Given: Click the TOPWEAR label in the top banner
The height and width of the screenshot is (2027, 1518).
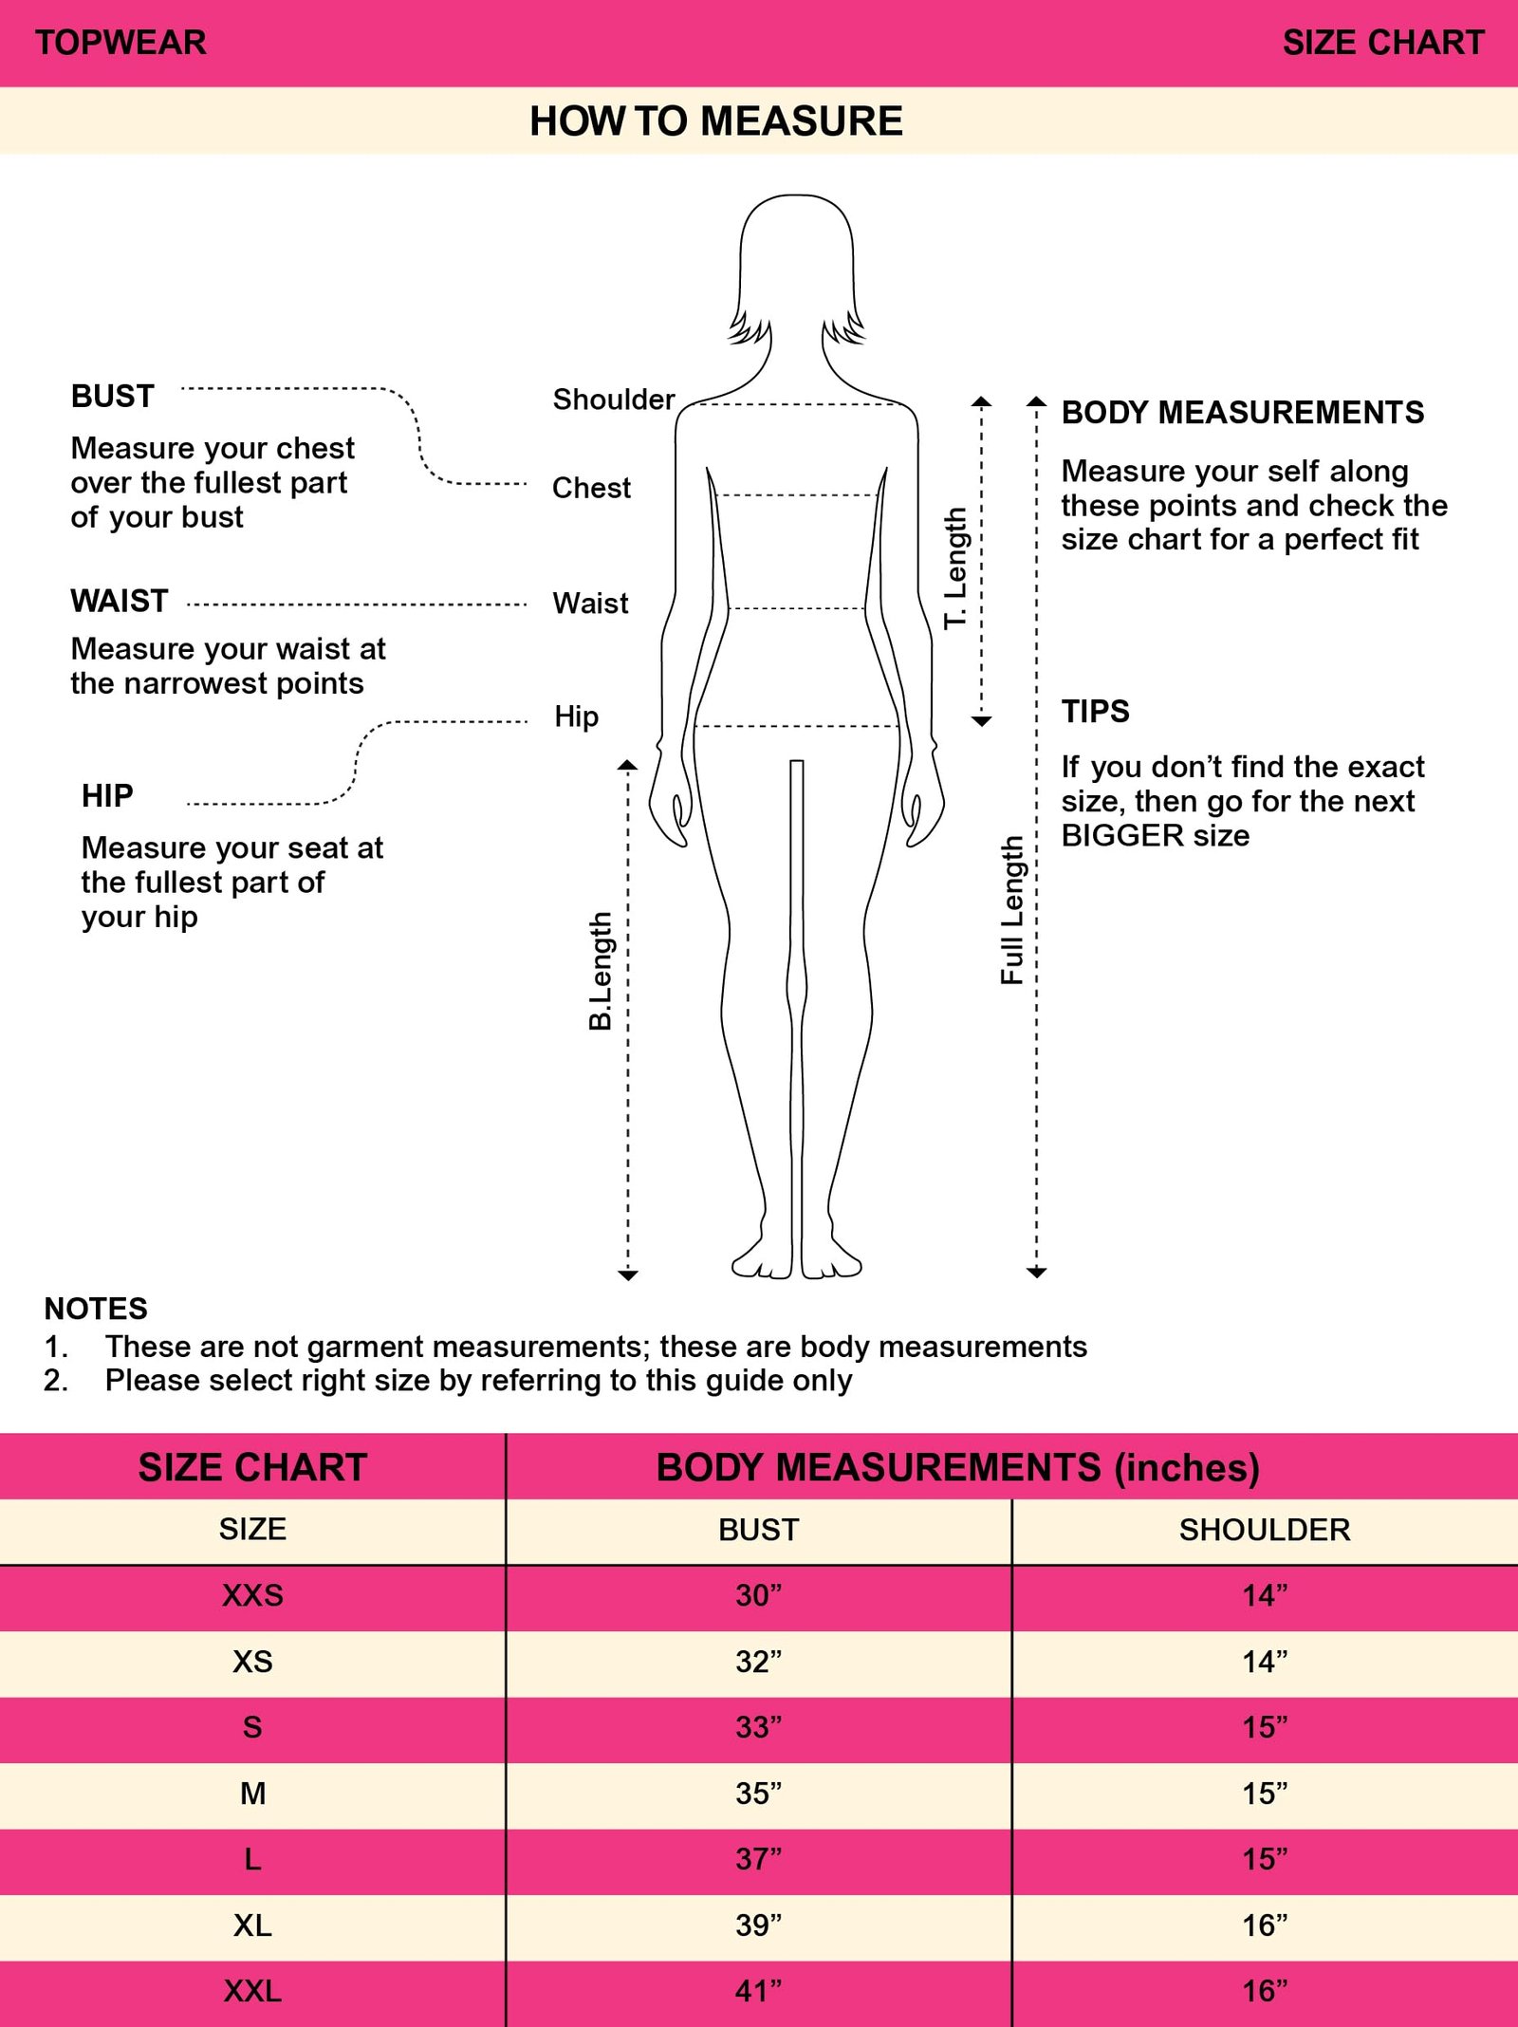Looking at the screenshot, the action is pyautogui.click(x=120, y=43).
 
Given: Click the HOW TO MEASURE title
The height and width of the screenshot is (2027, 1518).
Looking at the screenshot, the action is pyautogui.click(x=716, y=121).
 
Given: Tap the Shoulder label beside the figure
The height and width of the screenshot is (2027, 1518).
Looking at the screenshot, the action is pyautogui.click(x=614, y=400).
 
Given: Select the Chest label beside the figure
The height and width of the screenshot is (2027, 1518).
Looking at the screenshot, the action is pyautogui.click(x=591, y=488).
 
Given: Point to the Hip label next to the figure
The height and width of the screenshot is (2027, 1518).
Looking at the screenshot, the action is pyautogui.click(x=577, y=716).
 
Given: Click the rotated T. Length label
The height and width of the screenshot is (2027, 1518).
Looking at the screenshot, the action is pyautogui.click(x=955, y=567).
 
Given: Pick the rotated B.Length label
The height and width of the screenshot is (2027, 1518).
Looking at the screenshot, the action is pyautogui.click(x=600, y=972).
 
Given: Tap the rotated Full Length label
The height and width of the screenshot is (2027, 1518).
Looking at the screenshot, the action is pyautogui.click(x=1012, y=910).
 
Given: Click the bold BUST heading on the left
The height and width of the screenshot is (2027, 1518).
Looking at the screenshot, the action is pyautogui.click(x=112, y=396).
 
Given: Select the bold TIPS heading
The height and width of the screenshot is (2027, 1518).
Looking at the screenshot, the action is pyautogui.click(x=1096, y=712).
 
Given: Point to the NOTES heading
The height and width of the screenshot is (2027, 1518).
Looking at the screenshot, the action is pyautogui.click(x=96, y=1309).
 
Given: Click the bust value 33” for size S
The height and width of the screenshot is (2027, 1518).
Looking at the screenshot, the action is pyautogui.click(x=758, y=1726).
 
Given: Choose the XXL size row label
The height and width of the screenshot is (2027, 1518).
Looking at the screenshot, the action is pyautogui.click(x=252, y=1990).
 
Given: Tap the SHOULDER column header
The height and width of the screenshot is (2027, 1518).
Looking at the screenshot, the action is pyautogui.click(x=1265, y=1530).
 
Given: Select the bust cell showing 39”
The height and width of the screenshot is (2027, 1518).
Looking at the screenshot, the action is pyautogui.click(x=758, y=1925).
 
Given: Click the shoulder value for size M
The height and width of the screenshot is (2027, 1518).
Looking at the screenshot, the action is pyautogui.click(x=1265, y=1793).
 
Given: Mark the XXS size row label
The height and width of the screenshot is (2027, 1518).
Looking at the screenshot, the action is pyautogui.click(x=252, y=1595).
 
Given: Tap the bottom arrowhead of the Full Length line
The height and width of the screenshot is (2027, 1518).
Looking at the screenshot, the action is pyautogui.click(x=1037, y=1273).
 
